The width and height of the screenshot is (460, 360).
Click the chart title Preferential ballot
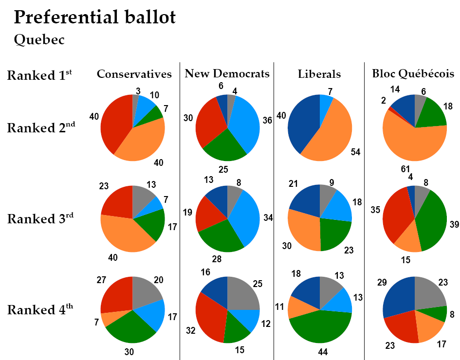tap(94, 18)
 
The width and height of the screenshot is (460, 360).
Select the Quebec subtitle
tap(39, 39)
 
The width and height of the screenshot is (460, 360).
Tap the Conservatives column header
tap(134, 74)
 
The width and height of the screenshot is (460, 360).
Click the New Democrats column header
tap(227, 73)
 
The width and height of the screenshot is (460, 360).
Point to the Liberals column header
tap(319, 74)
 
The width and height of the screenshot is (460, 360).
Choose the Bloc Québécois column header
tap(413, 73)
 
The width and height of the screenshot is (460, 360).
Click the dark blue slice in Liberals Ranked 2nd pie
tap(302, 122)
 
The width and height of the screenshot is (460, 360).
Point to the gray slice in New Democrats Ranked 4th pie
tap(242, 294)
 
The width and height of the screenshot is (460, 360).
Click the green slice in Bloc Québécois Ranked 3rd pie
tap(431, 219)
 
